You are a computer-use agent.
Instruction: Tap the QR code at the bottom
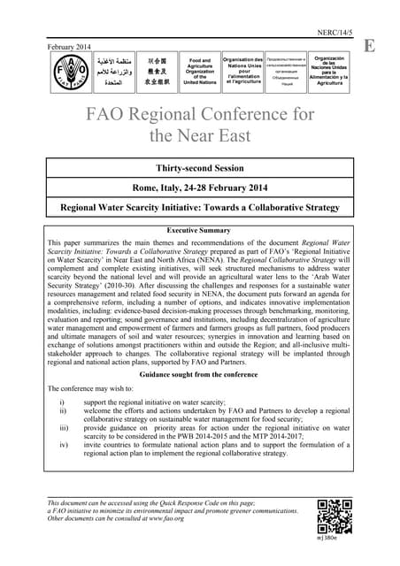[333, 514]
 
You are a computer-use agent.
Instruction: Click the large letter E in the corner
[368, 44]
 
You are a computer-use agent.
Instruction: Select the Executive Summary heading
[200, 229]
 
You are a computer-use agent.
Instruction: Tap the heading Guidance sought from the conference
[200, 375]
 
